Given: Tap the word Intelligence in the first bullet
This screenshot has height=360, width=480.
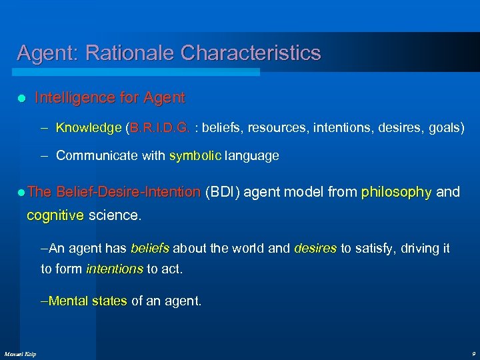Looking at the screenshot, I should pyautogui.click(x=75, y=98).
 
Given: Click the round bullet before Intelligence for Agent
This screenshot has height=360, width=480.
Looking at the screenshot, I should pyautogui.click(x=21, y=99).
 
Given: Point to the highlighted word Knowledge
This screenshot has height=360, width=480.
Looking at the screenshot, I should pyautogui.click(x=88, y=127).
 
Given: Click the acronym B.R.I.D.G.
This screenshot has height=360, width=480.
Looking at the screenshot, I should pyautogui.click(x=160, y=127).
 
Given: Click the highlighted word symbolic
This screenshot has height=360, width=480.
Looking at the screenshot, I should pyautogui.click(x=196, y=156).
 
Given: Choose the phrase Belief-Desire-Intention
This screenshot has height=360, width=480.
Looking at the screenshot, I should pyautogui.click(x=128, y=193).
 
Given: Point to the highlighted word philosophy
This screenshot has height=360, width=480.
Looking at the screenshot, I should pyautogui.click(x=396, y=193).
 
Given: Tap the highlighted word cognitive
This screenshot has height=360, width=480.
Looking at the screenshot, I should pyautogui.click(x=55, y=216).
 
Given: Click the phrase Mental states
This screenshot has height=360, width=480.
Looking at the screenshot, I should pyautogui.click(x=88, y=301).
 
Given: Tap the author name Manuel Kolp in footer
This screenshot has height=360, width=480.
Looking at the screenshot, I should pyautogui.click(x=21, y=353).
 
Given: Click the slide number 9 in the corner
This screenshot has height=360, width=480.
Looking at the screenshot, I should pyautogui.click(x=473, y=353).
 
